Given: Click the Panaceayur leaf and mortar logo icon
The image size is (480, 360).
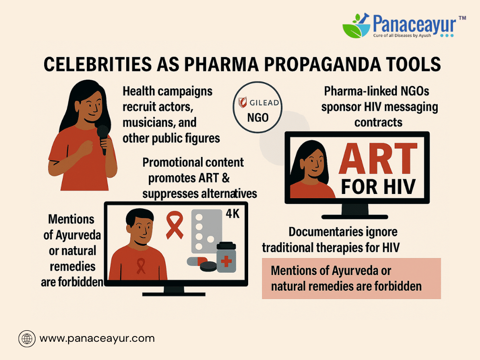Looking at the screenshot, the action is point(356,25).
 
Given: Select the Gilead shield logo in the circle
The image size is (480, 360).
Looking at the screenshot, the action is point(242,103).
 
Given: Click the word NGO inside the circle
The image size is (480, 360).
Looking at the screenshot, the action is point(258,118).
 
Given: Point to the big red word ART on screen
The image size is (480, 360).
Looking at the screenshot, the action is point(378,158).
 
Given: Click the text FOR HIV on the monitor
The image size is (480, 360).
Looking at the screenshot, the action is point(378,186).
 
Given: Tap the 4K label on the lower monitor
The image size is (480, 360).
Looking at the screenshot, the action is point(233,214).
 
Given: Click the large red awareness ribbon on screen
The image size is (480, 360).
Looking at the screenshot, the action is point(175,225).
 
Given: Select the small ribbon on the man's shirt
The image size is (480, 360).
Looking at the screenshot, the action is point(141,265).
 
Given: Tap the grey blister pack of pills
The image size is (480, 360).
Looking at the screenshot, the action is point(206,231).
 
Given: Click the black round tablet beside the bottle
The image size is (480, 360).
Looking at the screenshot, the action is point(208,266).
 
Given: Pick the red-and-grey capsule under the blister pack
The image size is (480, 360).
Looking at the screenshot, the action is point(197,261).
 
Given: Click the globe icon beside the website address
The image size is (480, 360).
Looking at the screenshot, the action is point(27,338).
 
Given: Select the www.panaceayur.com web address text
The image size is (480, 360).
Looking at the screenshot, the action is point(97,338).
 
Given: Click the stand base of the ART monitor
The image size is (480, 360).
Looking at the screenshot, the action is point(355,217).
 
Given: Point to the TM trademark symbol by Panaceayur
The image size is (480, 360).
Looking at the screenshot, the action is point(462,18).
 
